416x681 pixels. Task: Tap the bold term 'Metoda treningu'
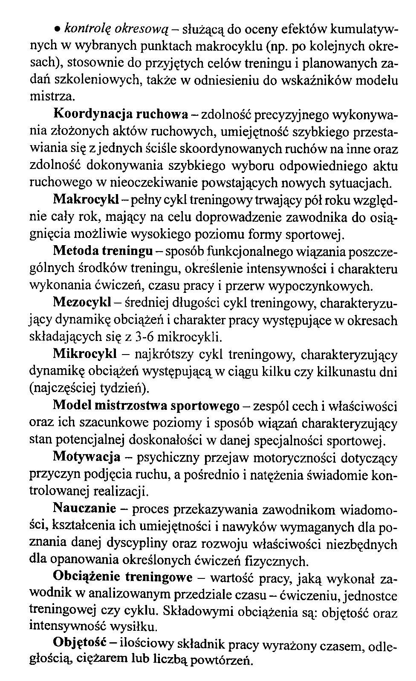point(103,251)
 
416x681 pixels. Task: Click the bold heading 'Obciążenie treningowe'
point(122,578)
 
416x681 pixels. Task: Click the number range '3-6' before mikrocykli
point(141,338)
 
